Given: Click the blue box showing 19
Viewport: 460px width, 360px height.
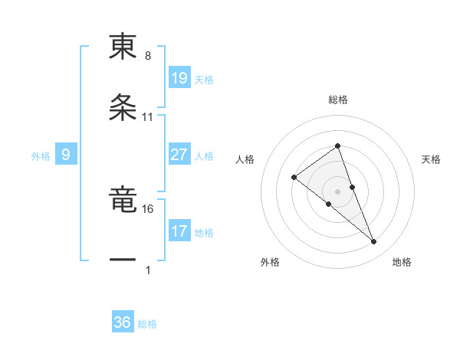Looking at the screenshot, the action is click(x=179, y=77).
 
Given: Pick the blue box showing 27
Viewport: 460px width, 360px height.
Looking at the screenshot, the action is click(x=179, y=155).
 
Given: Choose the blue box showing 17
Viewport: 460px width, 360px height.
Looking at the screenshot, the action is click(x=179, y=231).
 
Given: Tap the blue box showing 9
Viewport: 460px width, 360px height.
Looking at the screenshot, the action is click(x=66, y=155).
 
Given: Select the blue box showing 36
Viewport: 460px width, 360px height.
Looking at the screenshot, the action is click(x=123, y=322).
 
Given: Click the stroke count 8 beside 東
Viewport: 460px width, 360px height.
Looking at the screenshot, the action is click(x=148, y=57).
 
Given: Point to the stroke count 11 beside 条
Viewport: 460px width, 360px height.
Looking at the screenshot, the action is click(x=148, y=117).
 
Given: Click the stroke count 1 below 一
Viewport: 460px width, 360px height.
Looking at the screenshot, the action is click(x=148, y=270).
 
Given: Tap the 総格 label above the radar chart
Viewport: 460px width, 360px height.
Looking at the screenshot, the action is click(x=337, y=100).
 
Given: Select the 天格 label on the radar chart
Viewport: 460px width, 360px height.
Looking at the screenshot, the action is click(x=432, y=159).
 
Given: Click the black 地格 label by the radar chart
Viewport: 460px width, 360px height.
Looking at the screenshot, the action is click(x=402, y=262).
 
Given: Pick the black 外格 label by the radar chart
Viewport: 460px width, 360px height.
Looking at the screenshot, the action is click(x=270, y=262).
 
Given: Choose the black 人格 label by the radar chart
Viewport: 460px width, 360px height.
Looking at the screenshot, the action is click(x=245, y=159).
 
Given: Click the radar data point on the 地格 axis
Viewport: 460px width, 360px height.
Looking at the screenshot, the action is click(x=373, y=242).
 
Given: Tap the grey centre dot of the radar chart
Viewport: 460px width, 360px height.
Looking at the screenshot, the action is click(x=337, y=191).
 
